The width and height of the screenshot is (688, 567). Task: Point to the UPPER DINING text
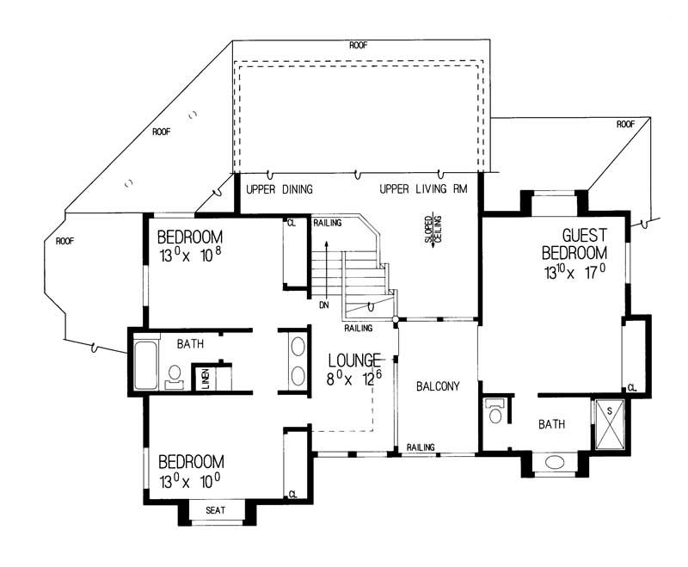[x=279, y=189]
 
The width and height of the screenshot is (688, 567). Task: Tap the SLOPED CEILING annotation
[x=431, y=231]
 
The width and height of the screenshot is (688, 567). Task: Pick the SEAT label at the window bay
[x=215, y=510]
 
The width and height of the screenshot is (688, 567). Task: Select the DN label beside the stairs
[x=323, y=305]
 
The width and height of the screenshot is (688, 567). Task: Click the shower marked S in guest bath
[x=611, y=422]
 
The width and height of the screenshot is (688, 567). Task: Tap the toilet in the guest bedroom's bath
[x=494, y=411]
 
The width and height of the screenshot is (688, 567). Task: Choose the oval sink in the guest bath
[x=556, y=463]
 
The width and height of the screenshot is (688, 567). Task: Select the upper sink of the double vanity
[x=298, y=348]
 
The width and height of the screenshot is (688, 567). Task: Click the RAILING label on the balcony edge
[x=421, y=447]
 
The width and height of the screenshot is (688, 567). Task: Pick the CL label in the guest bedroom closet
[x=632, y=386]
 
